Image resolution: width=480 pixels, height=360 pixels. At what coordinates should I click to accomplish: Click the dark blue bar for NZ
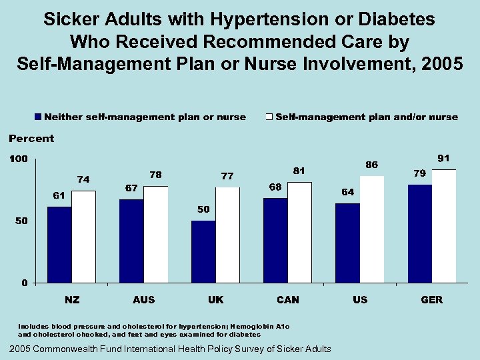point(59,245)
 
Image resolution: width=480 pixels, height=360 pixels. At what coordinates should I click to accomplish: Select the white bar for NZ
point(84,237)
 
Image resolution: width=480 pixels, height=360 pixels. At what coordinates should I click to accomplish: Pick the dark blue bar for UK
point(203,251)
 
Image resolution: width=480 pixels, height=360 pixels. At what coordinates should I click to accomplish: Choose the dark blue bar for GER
point(420,233)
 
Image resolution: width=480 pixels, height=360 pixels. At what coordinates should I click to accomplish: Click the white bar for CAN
point(300,232)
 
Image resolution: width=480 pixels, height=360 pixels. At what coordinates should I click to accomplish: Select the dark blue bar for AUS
point(131,241)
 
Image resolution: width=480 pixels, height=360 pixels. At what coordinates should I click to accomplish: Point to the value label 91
point(443,159)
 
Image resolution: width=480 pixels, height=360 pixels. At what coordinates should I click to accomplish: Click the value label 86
point(371,165)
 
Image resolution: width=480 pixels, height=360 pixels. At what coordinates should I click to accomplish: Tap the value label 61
point(59,195)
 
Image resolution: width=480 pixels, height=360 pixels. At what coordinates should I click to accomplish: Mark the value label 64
point(347,192)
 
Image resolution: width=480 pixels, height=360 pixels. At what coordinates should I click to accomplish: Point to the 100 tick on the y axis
point(18,159)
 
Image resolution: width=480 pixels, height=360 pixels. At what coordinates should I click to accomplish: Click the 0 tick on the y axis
point(24,283)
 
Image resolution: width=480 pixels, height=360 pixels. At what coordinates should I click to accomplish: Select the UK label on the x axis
point(215,300)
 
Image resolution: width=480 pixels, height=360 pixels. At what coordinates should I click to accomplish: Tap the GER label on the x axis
point(431,300)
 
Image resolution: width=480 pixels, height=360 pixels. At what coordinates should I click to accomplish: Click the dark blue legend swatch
point(39,117)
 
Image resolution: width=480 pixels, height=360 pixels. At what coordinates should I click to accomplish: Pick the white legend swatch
point(269,117)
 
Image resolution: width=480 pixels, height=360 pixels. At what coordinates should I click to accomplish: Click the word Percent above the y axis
point(31,139)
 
